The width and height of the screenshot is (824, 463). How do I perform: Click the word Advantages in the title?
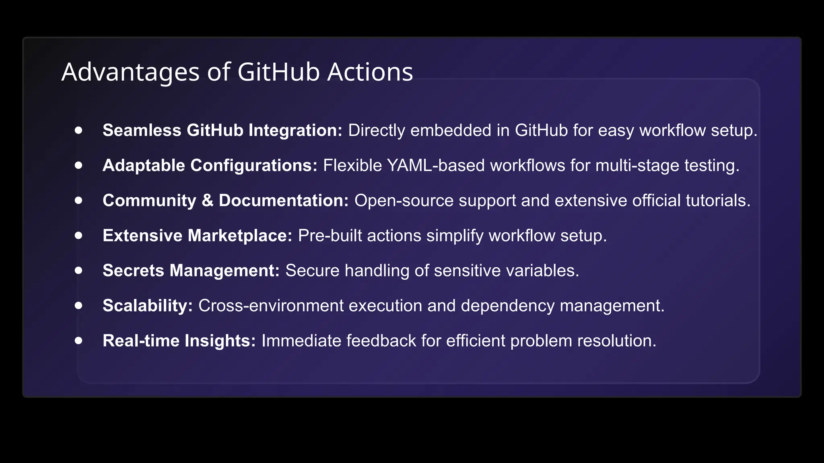point(130,72)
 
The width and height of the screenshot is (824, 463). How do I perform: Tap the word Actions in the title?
point(370,72)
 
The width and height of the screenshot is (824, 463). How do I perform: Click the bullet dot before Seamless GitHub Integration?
point(78,130)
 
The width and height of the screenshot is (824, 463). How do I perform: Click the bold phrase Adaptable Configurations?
point(210,166)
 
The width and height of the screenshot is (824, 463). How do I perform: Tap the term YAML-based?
point(436,166)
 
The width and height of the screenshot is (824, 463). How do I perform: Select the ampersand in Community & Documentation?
point(207,201)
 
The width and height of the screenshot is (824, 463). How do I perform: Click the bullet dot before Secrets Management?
point(78,270)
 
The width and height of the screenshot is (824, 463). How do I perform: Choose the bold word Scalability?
point(147,305)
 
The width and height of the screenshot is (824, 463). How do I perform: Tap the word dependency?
point(507,306)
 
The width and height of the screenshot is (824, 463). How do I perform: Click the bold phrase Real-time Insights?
point(179,341)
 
